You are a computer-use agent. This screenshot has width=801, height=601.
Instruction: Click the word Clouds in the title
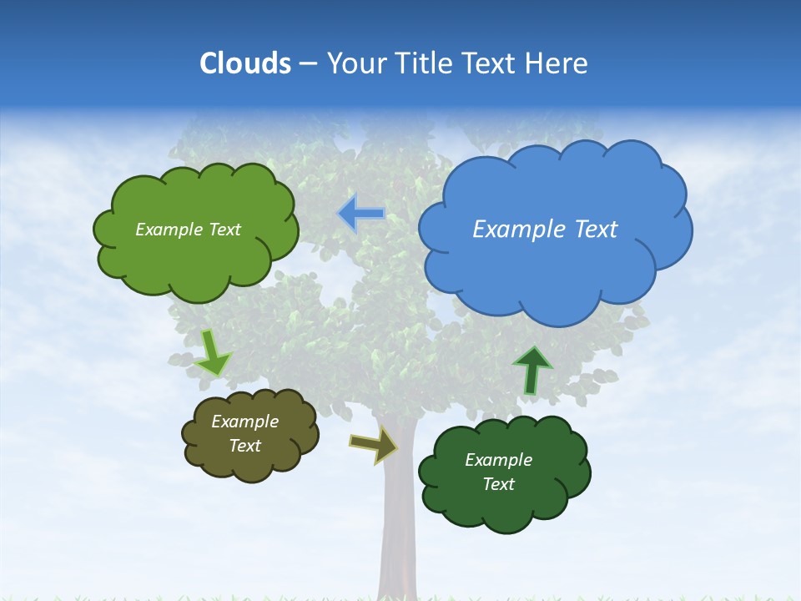point(244,63)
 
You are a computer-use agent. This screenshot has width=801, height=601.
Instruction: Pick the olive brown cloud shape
point(249,463)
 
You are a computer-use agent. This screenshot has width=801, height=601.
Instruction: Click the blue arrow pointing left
point(361,214)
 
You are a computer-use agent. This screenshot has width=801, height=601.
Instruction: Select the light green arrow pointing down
point(212,353)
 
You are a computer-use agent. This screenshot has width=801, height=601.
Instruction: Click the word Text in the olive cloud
point(244,446)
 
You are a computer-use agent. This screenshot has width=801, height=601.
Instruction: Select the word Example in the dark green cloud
point(498,460)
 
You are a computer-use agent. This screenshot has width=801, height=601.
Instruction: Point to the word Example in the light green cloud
point(169,230)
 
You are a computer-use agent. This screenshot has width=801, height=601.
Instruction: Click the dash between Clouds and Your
point(308,63)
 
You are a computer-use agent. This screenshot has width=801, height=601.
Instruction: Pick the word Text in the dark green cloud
point(498,484)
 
